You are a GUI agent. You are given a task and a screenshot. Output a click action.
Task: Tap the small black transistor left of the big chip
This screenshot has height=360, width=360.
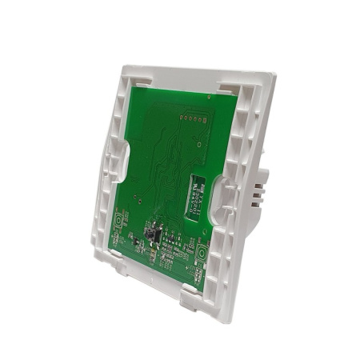(137, 238)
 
